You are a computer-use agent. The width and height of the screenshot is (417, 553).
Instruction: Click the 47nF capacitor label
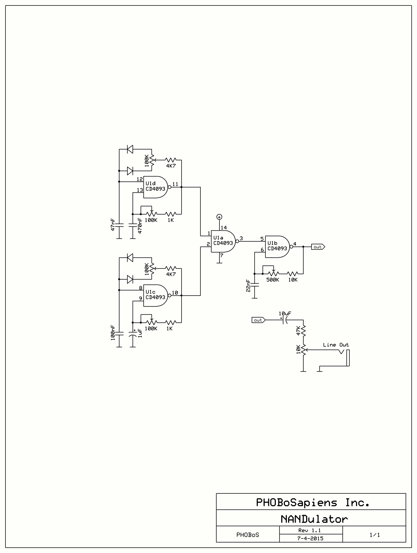tap(113, 224)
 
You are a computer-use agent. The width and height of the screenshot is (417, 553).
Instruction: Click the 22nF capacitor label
tap(248, 286)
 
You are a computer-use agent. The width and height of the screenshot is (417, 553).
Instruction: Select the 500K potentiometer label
tap(273, 280)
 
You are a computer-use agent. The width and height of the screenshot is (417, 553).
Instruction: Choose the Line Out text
tap(336, 345)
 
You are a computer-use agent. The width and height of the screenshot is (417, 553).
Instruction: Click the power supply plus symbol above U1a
tap(219, 217)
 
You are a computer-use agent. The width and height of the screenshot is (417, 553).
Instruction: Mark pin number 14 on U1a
tap(224, 228)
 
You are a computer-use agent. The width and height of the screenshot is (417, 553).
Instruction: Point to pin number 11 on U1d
tap(175, 184)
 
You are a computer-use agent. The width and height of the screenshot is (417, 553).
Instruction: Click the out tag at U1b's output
tap(318, 247)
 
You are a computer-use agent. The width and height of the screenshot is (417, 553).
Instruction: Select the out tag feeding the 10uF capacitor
tap(259, 320)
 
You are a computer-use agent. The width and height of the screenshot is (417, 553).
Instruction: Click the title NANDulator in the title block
tap(314, 519)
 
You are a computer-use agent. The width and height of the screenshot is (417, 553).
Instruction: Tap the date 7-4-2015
tap(310, 538)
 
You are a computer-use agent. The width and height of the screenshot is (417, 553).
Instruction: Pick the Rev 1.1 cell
tap(310, 530)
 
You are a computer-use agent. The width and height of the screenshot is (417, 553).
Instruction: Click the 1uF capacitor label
tap(140, 333)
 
